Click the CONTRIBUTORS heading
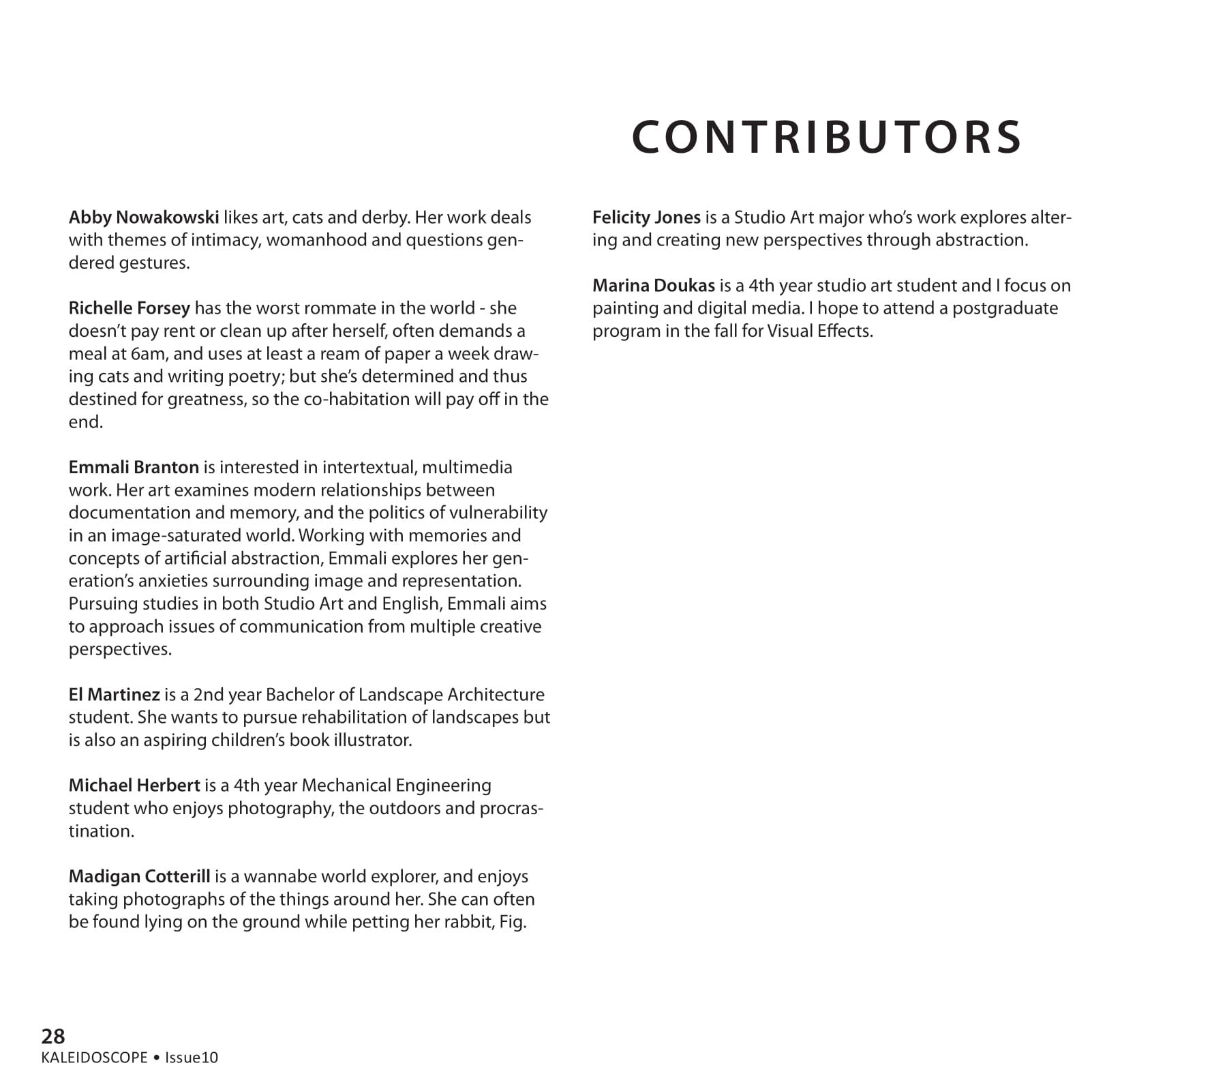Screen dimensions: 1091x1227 click(826, 137)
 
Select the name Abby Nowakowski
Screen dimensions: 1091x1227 click(144, 218)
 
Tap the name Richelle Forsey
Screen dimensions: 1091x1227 click(130, 308)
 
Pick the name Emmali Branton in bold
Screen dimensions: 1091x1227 click(134, 468)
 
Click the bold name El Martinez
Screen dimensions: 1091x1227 click(114, 695)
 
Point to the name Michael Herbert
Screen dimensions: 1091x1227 click(134, 786)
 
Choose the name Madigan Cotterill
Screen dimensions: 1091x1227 click(139, 877)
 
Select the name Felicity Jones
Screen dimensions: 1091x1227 click(646, 218)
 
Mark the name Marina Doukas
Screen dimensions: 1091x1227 click(653, 286)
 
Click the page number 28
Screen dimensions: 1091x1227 click(53, 1036)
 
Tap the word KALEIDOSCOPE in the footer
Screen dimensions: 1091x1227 click(94, 1058)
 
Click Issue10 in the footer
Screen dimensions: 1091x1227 click(192, 1058)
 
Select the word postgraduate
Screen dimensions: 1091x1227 click(1005, 308)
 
